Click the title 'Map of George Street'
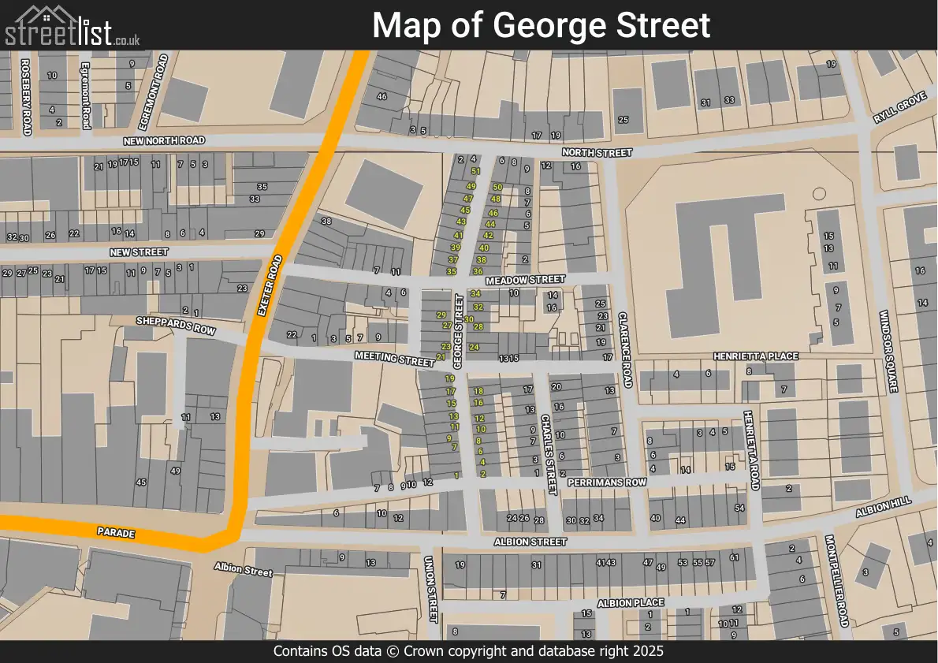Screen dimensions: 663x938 click(x=541, y=25)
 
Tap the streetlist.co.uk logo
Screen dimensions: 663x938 click(x=73, y=26)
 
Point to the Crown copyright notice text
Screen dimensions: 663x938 click(x=468, y=651)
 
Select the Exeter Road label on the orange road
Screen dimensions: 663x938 click(x=270, y=285)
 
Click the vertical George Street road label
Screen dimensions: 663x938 click(x=458, y=331)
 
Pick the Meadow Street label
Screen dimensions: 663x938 click(x=525, y=280)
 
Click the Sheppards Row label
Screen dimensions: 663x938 click(x=175, y=326)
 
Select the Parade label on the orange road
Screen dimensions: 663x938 click(x=116, y=534)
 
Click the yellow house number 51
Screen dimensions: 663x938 click(x=475, y=171)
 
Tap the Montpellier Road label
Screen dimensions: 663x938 click(x=836, y=582)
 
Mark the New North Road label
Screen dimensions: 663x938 click(x=163, y=140)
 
